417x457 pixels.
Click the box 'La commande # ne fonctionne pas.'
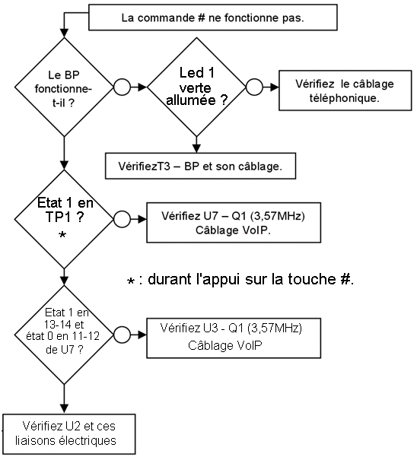click(x=213, y=17)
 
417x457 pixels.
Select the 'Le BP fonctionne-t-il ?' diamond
click(x=64, y=87)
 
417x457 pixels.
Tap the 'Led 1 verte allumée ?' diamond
click(x=196, y=87)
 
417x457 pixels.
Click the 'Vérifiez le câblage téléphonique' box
click(x=345, y=90)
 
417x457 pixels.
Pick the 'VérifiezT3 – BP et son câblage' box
click(x=200, y=166)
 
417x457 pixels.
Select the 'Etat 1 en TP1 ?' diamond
click(x=64, y=219)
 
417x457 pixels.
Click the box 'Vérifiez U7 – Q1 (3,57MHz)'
click(x=234, y=223)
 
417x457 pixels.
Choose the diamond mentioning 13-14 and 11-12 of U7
click(x=64, y=335)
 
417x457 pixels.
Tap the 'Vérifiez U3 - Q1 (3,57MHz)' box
click(x=234, y=338)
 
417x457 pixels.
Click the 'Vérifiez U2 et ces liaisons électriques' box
click(x=69, y=433)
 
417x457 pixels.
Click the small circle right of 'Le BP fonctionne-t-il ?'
click(x=122, y=87)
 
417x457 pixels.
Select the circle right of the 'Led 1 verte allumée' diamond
click(x=255, y=87)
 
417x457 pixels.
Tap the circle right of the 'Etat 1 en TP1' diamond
click(x=122, y=219)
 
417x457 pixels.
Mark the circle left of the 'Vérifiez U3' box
click(x=122, y=335)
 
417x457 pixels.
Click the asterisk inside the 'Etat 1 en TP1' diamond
click(x=62, y=235)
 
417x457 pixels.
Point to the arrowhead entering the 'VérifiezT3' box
click(x=196, y=148)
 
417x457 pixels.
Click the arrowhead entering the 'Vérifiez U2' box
click(x=64, y=409)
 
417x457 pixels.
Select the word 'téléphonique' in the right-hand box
click(x=345, y=98)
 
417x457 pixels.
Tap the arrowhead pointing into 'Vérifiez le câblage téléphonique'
click(x=275, y=87)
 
